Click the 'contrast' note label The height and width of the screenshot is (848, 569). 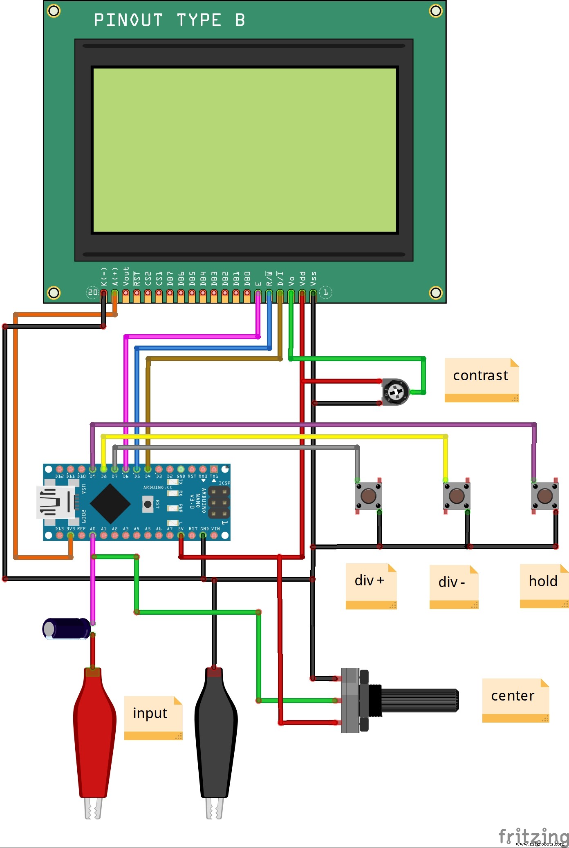click(481, 376)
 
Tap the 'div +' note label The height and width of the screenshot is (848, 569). click(370, 581)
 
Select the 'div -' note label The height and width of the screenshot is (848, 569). click(452, 582)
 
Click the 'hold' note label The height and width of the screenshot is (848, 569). click(543, 581)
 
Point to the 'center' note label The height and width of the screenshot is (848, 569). click(513, 696)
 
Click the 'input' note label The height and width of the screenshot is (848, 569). click(150, 713)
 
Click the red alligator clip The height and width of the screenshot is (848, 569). click(94, 731)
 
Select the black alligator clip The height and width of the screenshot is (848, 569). click(215, 731)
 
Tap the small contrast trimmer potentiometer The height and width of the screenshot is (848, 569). click(395, 392)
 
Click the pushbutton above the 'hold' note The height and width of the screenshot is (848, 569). click(544, 496)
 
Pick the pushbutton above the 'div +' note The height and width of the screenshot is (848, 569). click(368, 496)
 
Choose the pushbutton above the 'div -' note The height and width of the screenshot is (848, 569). click(457, 496)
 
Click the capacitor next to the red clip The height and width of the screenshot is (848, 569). click(67, 628)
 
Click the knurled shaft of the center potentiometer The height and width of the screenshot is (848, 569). click(419, 700)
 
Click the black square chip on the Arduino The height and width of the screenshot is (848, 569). click(110, 503)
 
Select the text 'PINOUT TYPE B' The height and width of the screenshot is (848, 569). click(169, 20)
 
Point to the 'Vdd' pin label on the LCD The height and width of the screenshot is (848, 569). click(302, 278)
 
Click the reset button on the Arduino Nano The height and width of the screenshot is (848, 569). click(148, 504)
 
